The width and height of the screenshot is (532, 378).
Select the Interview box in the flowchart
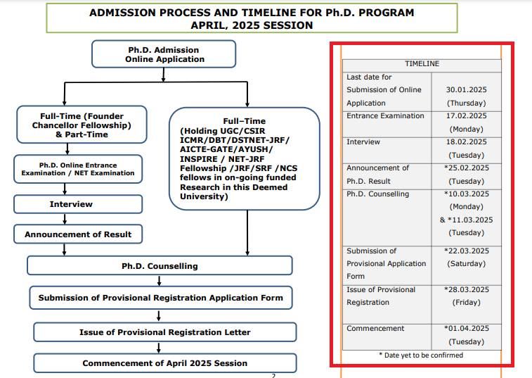[70, 204]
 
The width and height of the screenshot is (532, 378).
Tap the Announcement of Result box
[77, 234]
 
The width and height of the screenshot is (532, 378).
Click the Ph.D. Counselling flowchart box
[160, 265]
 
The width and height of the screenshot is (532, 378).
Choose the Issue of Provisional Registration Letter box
[164, 332]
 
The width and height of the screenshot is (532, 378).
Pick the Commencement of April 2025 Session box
[164, 363]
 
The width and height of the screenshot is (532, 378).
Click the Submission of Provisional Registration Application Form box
[160, 298]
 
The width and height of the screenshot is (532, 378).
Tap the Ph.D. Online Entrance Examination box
[77, 168]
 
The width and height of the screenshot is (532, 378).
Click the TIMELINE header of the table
[422, 64]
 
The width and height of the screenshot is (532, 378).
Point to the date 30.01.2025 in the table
[466, 90]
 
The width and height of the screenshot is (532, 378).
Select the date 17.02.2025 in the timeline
[466, 116]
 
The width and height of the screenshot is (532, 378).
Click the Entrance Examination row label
[385, 116]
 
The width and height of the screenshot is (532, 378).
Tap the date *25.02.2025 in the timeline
[466, 168]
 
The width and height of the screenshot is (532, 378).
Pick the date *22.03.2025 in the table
[466, 251]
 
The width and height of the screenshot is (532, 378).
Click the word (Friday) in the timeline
[466, 303]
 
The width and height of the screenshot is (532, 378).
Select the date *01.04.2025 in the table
[466, 329]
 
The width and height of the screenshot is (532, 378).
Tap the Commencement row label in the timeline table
[375, 329]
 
